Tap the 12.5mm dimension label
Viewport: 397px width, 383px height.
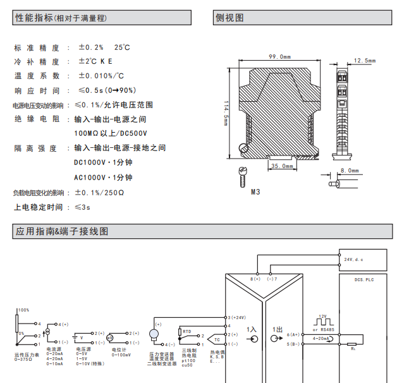tap(364, 61)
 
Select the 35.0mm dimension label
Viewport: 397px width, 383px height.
tap(282, 166)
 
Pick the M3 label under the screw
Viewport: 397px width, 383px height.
tap(255, 191)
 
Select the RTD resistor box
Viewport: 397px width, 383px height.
tap(186, 331)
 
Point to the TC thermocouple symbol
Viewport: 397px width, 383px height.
tap(216, 339)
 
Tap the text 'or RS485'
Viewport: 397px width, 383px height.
tap(324, 329)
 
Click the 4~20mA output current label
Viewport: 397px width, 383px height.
tap(321, 339)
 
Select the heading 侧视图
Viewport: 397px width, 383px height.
tap(229, 18)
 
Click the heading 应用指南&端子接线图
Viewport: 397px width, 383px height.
tap(61, 231)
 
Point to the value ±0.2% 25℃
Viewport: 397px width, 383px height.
tap(104, 47)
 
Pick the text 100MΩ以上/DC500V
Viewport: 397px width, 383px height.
tap(111, 133)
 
